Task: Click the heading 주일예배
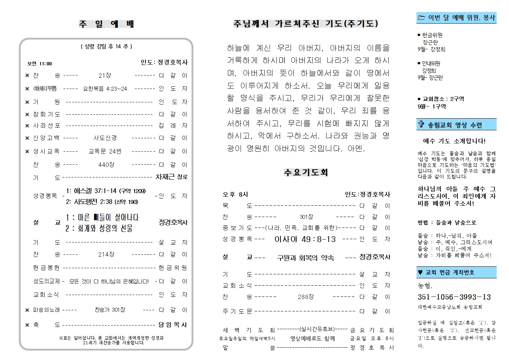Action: (106, 24)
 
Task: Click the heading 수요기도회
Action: (306, 172)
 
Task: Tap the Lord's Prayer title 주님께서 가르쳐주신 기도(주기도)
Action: (305, 24)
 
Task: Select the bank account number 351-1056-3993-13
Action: (454, 297)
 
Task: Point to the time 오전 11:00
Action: (40, 64)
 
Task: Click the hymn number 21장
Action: (105, 75)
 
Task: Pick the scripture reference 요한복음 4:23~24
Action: (105, 89)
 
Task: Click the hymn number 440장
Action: (106, 165)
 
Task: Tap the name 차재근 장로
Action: (172, 177)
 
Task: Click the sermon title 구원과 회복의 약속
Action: (305, 258)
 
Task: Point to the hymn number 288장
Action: (305, 297)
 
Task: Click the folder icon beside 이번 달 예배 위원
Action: (421, 17)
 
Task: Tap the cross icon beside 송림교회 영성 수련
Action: (421, 125)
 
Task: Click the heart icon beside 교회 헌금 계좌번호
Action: (420, 272)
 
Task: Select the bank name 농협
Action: (425, 286)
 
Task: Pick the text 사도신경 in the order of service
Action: (105, 138)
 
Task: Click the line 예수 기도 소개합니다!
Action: (454, 141)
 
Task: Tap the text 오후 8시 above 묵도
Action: (235, 195)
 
